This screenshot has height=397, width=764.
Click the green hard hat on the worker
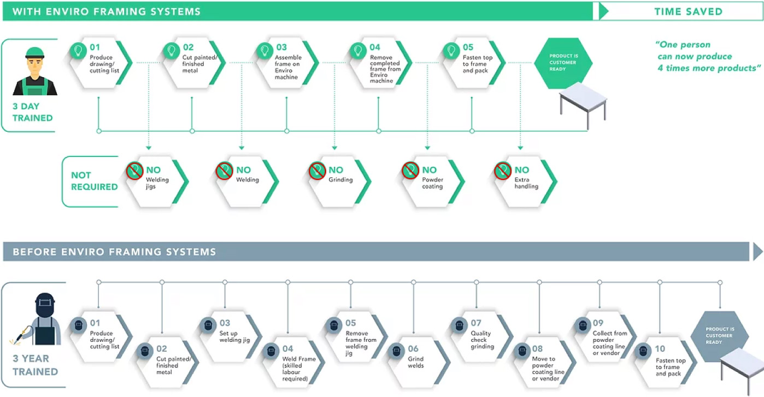pos(35,52)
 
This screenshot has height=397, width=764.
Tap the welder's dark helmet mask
pos(45,305)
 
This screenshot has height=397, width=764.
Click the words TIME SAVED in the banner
pos(688,11)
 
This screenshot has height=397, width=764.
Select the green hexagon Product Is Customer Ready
pos(563,63)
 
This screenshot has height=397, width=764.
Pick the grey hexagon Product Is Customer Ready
pos(720,336)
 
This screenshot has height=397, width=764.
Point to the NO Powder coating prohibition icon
pos(410,170)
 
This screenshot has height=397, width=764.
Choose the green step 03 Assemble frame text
pos(288,67)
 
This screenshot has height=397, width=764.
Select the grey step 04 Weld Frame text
pos(299,369)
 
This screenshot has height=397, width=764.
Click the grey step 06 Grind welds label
pos(416,362)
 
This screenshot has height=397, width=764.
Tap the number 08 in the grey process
pos(537,348)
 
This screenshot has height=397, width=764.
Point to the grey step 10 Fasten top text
pos(671,367)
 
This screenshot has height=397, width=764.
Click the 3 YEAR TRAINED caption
pos(35,365)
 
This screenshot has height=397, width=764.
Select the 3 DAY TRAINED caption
pos(32,112)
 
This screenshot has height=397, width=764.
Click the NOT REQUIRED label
pos(94,181)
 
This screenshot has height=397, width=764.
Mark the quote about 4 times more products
pos(708,56)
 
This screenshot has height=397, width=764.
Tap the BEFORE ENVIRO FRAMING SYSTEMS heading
pos(114,252)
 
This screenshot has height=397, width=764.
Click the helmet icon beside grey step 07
pos(459,325)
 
